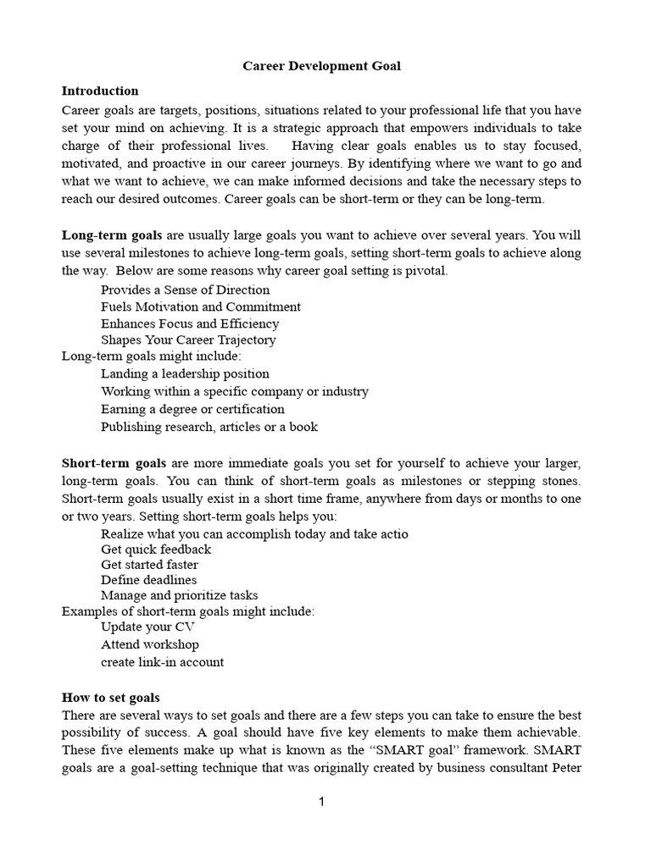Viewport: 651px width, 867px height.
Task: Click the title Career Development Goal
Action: pos(322,66)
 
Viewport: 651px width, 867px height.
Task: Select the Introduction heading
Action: pos(100,91)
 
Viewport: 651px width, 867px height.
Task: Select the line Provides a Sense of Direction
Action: pos(185,290)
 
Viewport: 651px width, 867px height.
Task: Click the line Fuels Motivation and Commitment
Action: pos(200,306)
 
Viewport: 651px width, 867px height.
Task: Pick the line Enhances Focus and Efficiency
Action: pos(189,323)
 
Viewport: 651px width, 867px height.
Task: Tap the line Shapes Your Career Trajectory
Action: pos(187,340)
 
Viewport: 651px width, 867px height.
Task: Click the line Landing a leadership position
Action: pos(185,373)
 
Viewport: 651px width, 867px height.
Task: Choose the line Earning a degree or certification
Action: pos(192,409)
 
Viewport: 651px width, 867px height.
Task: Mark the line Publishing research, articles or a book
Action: pos(209,427)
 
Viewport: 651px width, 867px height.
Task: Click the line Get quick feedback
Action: pos(155,549)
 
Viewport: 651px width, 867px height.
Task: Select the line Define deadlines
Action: pos(148,580)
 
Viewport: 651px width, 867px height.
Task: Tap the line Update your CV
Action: pos(147,627)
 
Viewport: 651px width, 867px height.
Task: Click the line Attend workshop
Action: pos(150,644)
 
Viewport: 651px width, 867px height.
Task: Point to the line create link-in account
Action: pos(162,662)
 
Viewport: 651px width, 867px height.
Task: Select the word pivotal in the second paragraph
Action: pos(425,271)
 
